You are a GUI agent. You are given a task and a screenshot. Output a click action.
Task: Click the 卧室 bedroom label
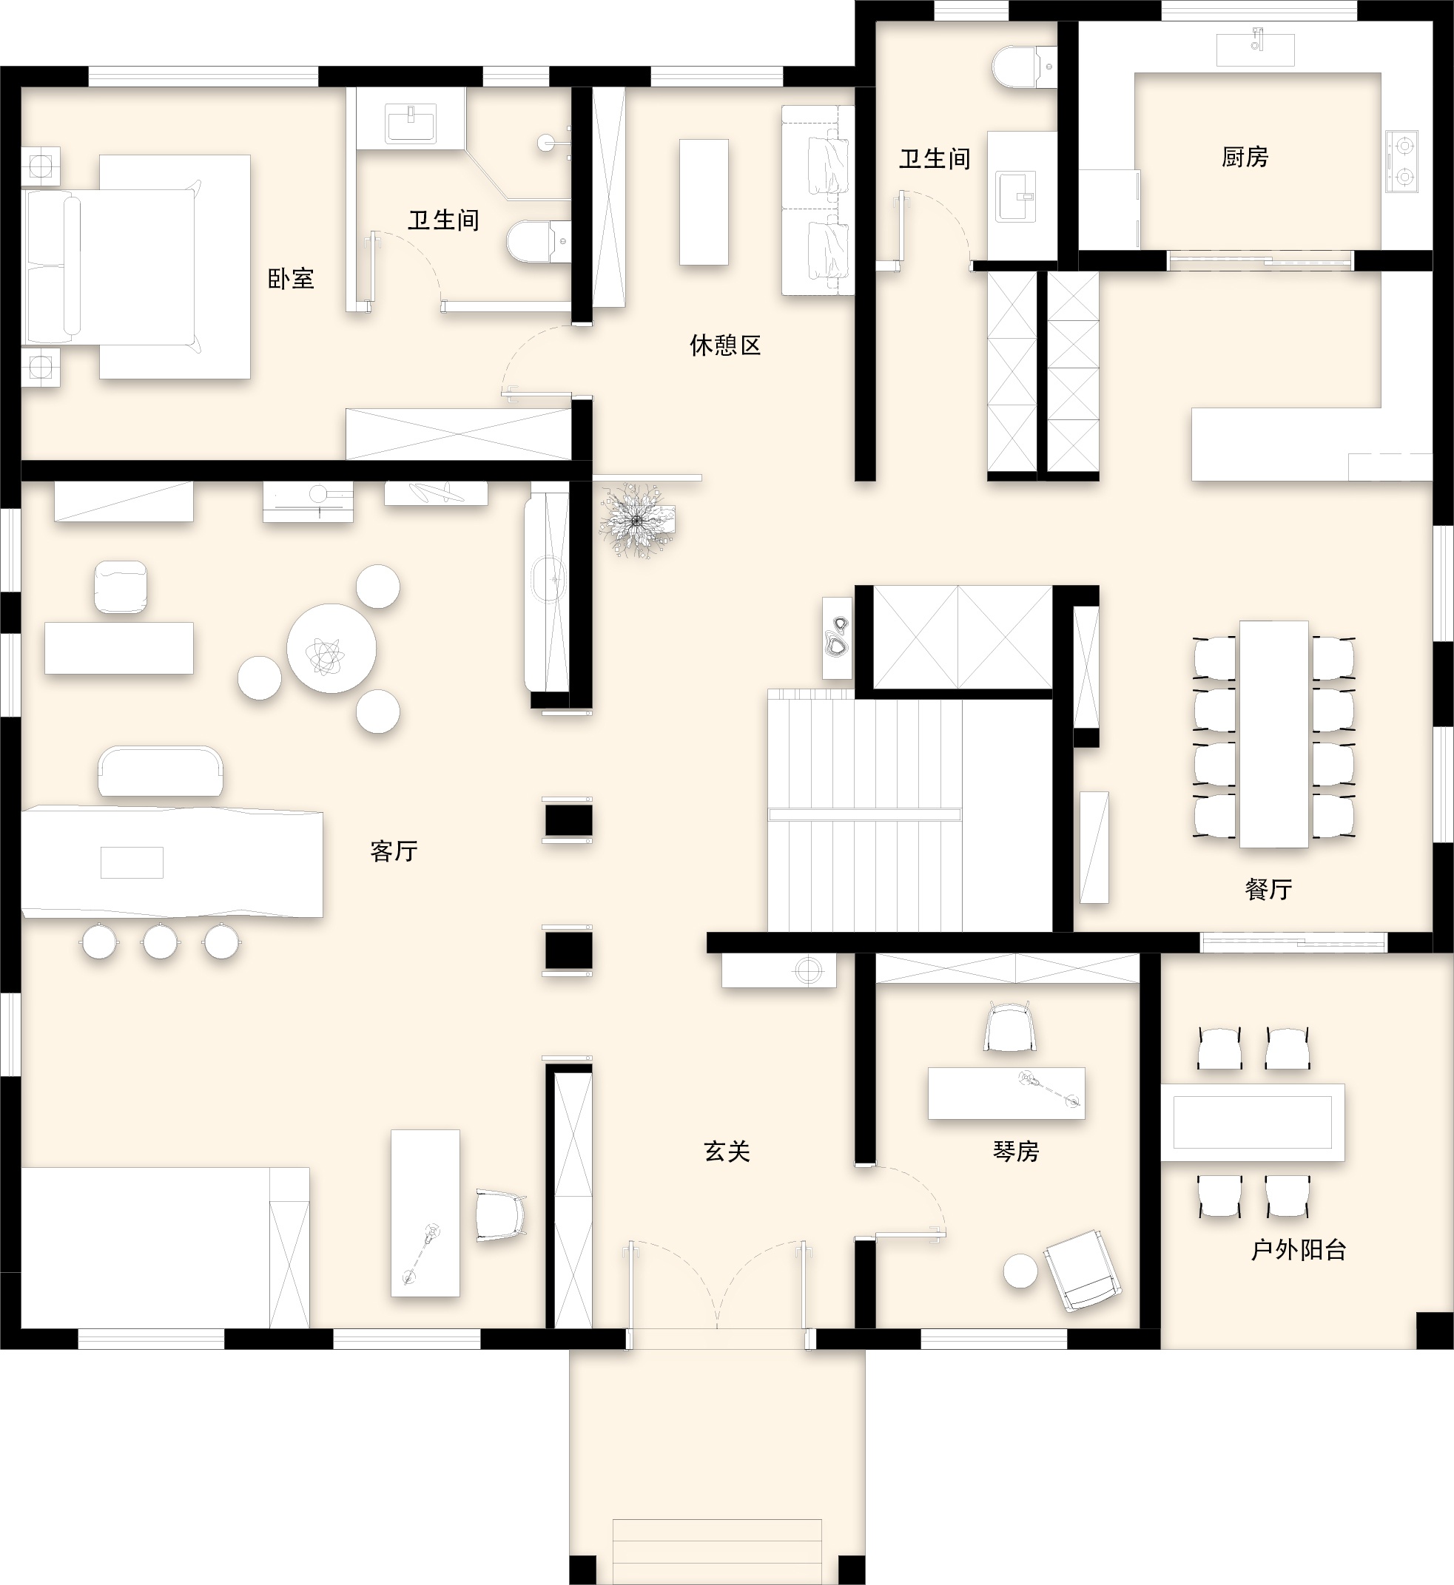tap(291, 278)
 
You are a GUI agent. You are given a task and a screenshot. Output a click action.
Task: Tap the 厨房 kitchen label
tap(1245, 158)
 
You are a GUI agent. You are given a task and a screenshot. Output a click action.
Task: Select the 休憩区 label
tap(725, 345)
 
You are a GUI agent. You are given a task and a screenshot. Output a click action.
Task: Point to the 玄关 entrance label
tap(727, 1152)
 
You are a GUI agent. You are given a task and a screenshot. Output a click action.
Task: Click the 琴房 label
tap(1016, 1152)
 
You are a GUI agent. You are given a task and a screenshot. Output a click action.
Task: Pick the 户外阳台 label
tap(1299, 1250)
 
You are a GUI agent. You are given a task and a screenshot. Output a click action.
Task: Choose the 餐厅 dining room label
tap(1268, 890)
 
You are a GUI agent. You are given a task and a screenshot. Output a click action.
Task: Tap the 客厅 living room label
tap(394, 851)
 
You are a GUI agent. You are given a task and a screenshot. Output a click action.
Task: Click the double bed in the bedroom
tap(138, 267)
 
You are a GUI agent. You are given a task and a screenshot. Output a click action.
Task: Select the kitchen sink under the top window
tap(1255, 49)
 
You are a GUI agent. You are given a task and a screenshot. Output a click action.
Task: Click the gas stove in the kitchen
tap(1402, 161)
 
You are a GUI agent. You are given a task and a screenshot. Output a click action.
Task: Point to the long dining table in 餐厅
tap(1274, 734)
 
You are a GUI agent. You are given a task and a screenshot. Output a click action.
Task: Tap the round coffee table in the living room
tap(331, 648)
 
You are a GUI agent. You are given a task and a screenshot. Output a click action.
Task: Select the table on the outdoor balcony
tap(1253, 1123)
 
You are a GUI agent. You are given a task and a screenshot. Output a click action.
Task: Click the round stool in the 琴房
tap(1020, 1271)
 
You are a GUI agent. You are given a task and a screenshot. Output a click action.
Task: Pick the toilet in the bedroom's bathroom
tap(538, 242)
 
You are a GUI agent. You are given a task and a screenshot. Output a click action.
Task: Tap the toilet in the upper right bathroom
tap(1024, 66)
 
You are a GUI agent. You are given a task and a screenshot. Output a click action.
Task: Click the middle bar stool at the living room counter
tap(161, 942)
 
